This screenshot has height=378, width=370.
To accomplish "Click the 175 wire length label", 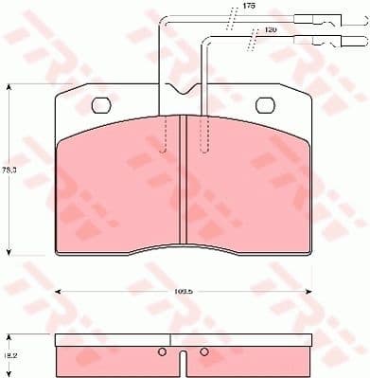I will pyautogui.click(x=249, y=7).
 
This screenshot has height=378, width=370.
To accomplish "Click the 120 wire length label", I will pyautogui.click(x=271, y=31).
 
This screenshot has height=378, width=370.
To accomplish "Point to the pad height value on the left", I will pyautogui.click(x=10, y=171).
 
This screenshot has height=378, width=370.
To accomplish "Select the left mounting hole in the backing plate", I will pyautogui.click(x=101, y=106).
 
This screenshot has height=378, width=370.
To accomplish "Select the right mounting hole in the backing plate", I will pyautogui.click(x=266, y=106).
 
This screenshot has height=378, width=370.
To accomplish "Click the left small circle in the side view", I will pyautogui.click(x=162, y=354).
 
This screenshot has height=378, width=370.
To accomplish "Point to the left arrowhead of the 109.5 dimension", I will pyautogui.click(x=60, y=290).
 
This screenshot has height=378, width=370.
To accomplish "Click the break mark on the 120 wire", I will pyautogui.click(x=252, y=42).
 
